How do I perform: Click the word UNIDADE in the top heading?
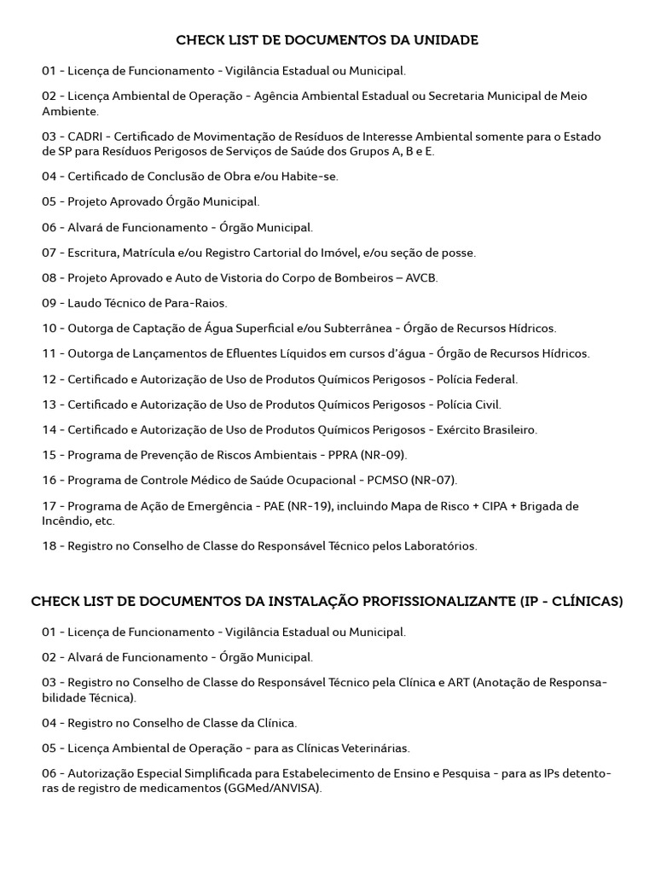click(445, 40)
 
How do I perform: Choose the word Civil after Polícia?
click(488, 405)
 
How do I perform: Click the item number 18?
click(49, 546)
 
